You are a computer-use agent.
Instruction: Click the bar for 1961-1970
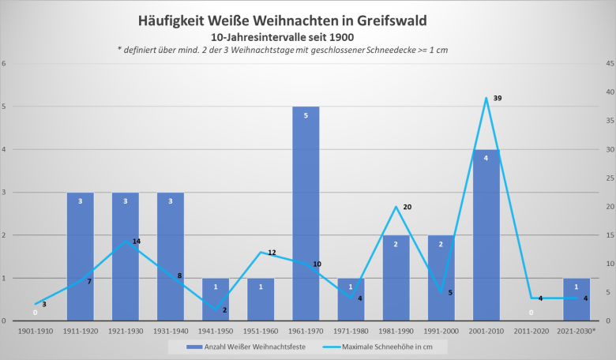coord(306,213)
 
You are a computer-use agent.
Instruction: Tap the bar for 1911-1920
coord(80,257)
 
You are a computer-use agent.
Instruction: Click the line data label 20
coord(408,207)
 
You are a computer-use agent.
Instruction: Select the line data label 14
coord(136,241)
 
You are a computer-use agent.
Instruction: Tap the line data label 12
coord(272,253)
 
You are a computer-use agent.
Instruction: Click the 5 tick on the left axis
coord(5,107)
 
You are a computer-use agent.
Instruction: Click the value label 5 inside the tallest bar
coord(306,115)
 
